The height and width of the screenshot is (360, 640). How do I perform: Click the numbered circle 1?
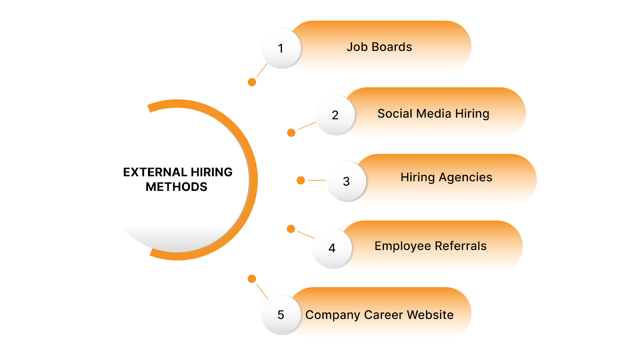281,48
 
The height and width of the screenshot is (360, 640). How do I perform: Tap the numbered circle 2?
335,115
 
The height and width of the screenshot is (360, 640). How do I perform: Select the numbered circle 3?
346,182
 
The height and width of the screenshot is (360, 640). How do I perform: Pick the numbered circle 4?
332,248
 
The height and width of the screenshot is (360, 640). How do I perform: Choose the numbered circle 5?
281,315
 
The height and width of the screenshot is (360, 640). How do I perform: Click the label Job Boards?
379,47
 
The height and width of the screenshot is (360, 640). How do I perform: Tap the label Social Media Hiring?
433,114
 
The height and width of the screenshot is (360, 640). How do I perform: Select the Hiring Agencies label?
446,177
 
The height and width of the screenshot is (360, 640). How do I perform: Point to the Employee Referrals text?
430,246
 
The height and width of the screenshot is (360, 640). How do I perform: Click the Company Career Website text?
379,315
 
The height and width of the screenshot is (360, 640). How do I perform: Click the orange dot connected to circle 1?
252,82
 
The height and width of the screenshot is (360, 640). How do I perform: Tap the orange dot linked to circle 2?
291,132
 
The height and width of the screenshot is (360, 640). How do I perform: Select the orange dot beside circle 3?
301,180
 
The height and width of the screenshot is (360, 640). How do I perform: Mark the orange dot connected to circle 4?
291,229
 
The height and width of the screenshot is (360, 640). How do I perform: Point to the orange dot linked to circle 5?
252,279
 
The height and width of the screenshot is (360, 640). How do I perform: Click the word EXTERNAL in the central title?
155,172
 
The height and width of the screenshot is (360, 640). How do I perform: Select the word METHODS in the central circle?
176,187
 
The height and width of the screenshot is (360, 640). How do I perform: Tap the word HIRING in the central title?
212,172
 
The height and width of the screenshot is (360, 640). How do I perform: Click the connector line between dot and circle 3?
317,180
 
